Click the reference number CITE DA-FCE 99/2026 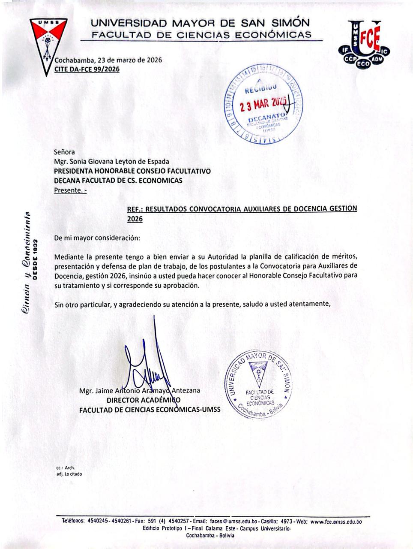[x=87, y=69]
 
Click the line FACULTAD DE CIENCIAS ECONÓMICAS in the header [x=201, y=35]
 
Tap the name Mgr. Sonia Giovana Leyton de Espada [x=111, y=161]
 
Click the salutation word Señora [x=64, y=151]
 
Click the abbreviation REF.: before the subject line [x=135, y=209]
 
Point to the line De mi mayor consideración [x=97, y=237]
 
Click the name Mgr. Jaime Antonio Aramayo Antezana [x=139, y=391]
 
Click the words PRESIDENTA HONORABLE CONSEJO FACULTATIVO [x=132, y=171]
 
